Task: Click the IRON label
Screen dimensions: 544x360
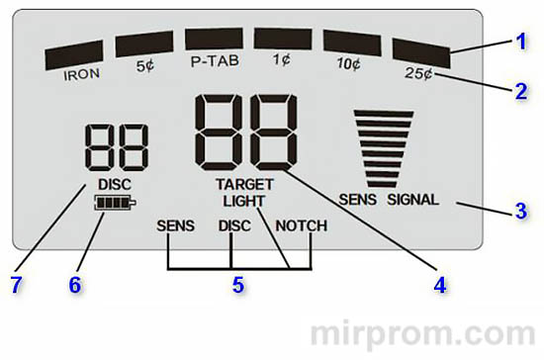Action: (82, 73)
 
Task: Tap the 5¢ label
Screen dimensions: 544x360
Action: (143, 67)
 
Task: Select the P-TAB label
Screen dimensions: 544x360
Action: (214, 61)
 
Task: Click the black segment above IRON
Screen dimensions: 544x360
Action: (75, 54)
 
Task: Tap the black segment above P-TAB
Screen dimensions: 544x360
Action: (214, 39)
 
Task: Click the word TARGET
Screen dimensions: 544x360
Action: (244, 185)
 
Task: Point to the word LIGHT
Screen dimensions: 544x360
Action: (244, 201)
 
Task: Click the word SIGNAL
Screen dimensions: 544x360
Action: (412, 199)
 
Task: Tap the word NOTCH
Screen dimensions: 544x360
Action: (301, 225)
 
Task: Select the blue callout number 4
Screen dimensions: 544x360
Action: (439, 284)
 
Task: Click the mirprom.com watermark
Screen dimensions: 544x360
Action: (425, 329)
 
